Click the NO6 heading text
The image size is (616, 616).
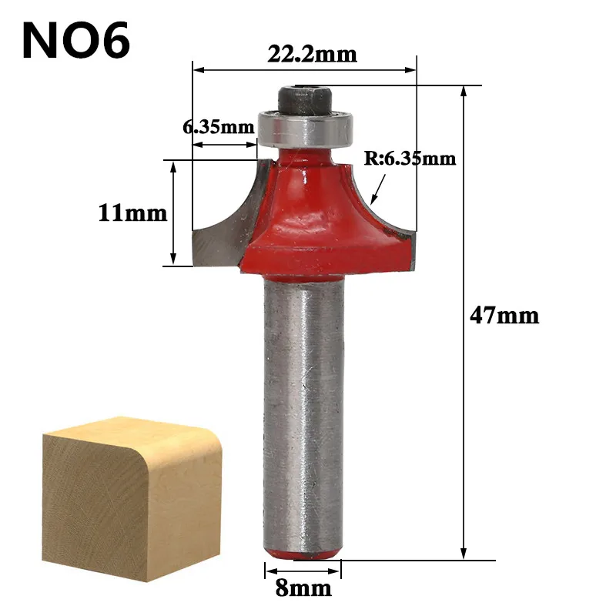(75, 41)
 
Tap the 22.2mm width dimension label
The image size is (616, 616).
(313, 54)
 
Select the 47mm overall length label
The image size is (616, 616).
(504, 316)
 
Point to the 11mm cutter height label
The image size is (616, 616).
(132, 213)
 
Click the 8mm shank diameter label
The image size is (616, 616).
(303, 588)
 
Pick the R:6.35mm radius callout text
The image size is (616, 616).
(410, 159)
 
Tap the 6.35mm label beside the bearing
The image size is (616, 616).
(219, 127)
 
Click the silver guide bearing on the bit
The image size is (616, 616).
(306, 129)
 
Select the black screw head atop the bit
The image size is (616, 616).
(305, 100)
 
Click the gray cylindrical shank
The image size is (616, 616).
(303, 416)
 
